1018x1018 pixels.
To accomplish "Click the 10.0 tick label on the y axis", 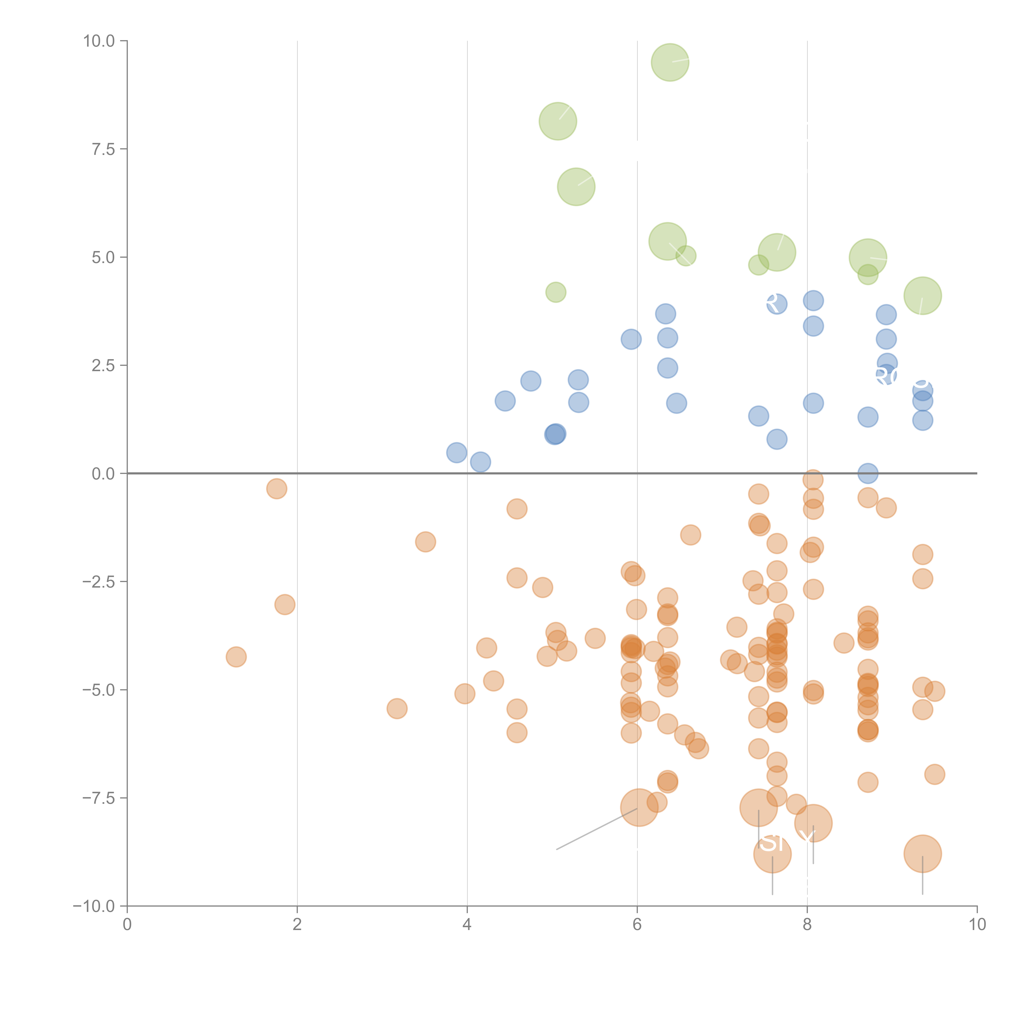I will [99, 41].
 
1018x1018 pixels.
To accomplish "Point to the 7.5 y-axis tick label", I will [103, 149].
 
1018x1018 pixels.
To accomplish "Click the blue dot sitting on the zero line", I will [868, 473].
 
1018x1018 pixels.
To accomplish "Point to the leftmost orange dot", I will [236, 657].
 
